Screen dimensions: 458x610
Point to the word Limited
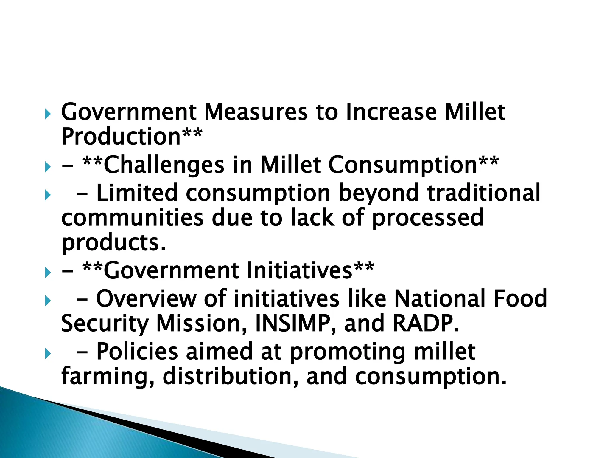pos(137,193)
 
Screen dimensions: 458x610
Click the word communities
pos(132,218)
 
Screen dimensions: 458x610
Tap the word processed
pos(427,218)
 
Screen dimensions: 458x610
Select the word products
pos(113,243)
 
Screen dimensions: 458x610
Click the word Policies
pos(137,352)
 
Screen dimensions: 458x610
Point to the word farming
pos(108,377)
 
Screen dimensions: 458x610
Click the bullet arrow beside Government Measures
pos(48,114)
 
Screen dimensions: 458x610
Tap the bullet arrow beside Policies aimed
pos(48,354)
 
